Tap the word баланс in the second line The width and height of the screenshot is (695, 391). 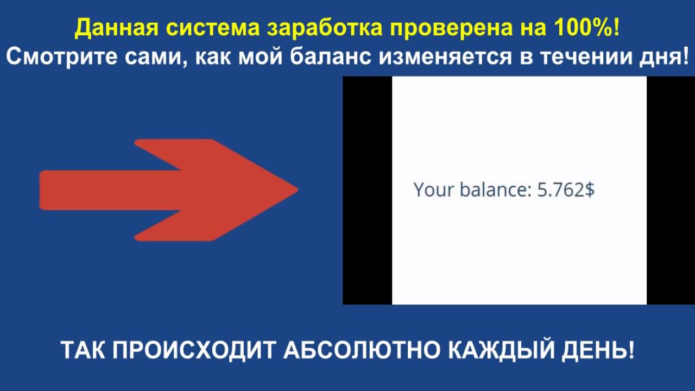tap(330, 56)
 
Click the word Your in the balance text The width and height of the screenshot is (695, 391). tap(434, 190)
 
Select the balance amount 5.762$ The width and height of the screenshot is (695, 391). tap(565, 190)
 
